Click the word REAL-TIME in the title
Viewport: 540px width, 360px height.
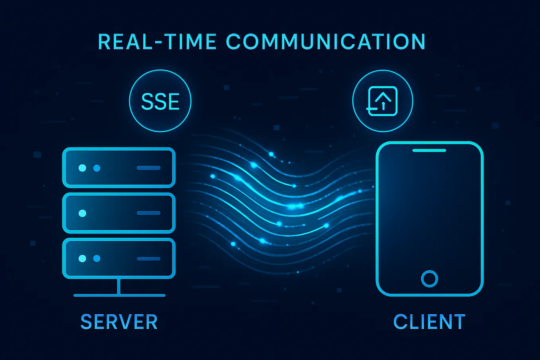point(157,42)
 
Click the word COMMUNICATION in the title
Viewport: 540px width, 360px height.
point(326,42)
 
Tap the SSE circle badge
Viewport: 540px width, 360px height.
point(160,101)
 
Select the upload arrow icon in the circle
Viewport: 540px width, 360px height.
point(383,101)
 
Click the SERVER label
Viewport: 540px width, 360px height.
point(119,322)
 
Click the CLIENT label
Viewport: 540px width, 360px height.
point(429,322)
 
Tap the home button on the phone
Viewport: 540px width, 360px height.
point(429,278)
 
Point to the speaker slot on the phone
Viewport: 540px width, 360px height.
point(429,150)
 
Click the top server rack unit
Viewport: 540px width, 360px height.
point(119,167)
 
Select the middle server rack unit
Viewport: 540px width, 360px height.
point(119,213)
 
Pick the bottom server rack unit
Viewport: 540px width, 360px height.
point(119,258)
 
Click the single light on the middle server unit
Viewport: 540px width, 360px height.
point(82,213)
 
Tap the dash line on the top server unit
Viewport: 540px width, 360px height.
point(148,168)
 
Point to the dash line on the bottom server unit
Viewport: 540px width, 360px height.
point(148,259)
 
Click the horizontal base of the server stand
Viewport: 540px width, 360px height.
point(119,295)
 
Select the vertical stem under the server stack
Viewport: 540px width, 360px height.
point(118,286)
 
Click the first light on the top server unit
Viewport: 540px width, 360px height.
point(82,168)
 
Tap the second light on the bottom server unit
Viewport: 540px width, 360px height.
point(97,259)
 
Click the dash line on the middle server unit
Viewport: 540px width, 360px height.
point(148,213)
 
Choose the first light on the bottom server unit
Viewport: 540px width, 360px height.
point(82,259)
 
